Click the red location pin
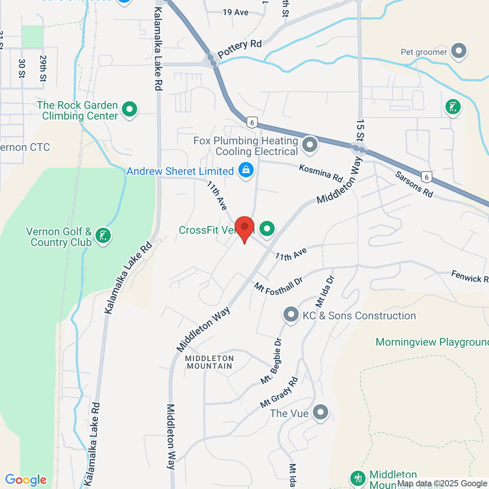244,227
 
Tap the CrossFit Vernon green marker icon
267,229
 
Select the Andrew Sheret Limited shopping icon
246,170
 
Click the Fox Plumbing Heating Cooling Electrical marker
310,144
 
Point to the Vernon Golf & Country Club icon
103,236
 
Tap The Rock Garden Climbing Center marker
130,109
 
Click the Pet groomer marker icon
459,51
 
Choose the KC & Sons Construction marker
291,315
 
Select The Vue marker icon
320,412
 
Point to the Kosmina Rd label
321,173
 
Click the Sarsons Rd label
414,184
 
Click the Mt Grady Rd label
279,392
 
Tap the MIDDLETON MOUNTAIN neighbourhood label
209,362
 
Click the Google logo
26,480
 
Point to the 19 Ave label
236,12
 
